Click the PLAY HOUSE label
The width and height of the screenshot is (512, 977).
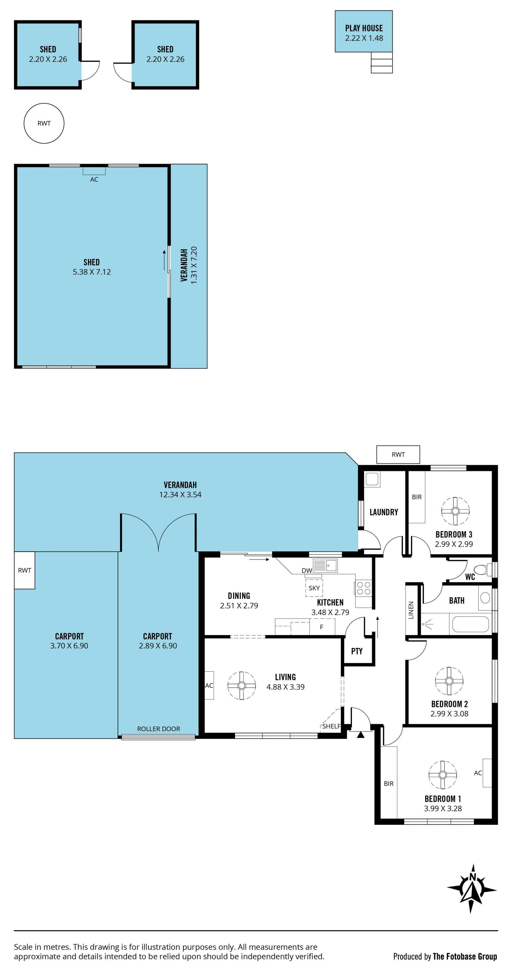[363, 28]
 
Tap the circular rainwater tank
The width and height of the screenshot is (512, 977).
[44, 123]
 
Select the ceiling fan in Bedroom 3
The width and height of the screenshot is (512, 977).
[455, 511]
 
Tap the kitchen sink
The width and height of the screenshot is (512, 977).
[325, 565]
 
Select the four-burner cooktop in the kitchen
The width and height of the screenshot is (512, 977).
[363, 588]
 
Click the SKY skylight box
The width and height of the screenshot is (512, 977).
[314, 588]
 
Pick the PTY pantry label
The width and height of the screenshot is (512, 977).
[357, 651]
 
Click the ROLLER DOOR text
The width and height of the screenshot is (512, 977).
[159, 729]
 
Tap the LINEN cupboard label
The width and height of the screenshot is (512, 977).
[411, 610]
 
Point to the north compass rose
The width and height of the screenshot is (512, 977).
[472, 889]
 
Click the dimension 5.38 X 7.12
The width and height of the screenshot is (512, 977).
[92, 272]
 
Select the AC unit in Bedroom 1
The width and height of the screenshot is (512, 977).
[487, 773]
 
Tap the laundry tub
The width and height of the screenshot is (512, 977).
[372, 479]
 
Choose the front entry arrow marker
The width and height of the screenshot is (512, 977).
[361, 735]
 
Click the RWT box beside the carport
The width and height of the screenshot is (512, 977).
[25, 570]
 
